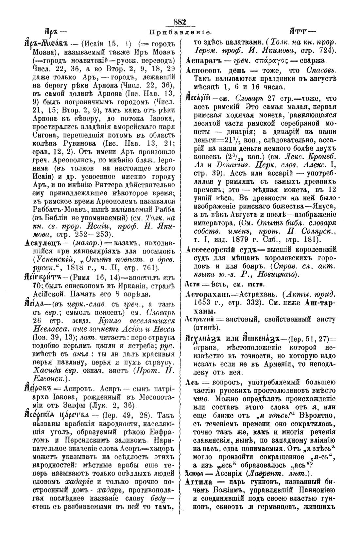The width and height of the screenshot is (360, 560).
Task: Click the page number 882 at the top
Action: [x=180, y=22]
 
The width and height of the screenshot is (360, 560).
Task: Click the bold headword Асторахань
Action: [x=208, y=294]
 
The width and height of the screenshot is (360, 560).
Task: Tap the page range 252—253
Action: [x=98, y=234]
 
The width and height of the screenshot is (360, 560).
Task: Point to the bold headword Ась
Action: [x=192, y=382]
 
